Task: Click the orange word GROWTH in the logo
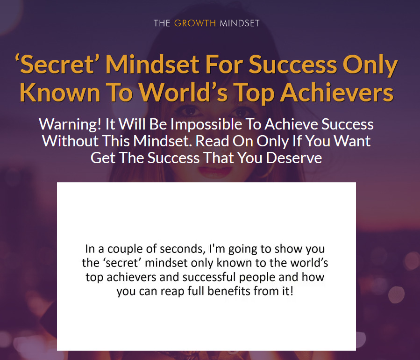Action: tap(195, 23)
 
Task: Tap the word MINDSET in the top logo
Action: tap(240, 23)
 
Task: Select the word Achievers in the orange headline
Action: tap(337, 92)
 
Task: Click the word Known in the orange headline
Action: tap(60, 92)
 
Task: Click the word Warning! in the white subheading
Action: tap(70, 124)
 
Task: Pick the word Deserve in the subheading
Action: tap(294, 158)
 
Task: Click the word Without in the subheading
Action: tap(70, 141)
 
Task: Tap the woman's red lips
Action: tap(214, 172)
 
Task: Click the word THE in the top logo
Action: tap(162, 23)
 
